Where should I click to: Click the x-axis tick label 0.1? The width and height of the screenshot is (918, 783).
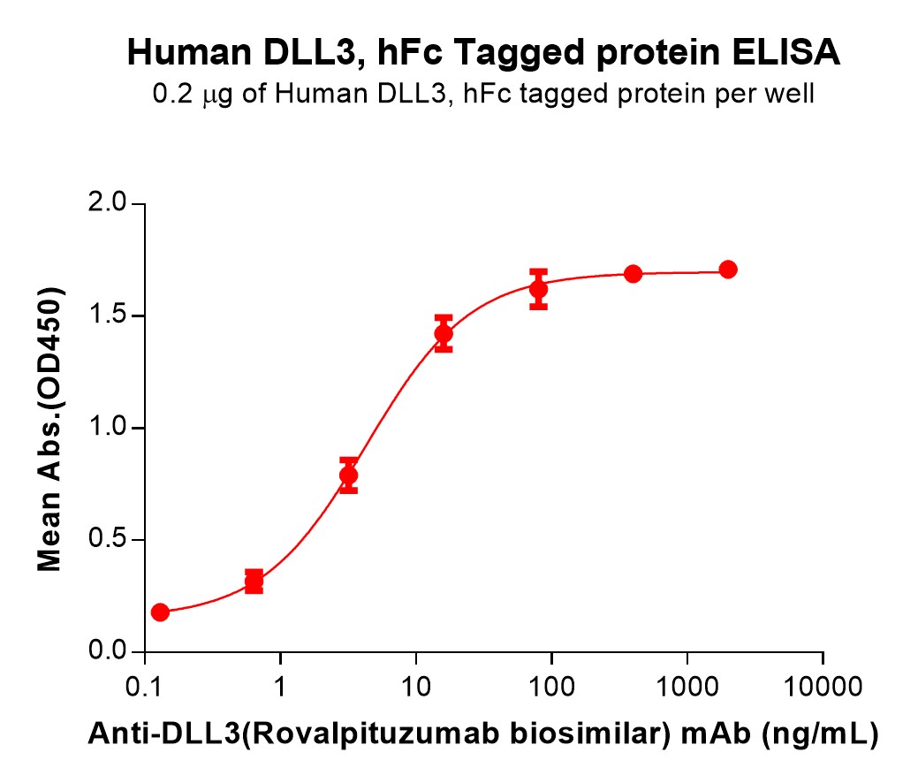click(144, 685)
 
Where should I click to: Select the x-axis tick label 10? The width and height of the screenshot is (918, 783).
click(416, 685)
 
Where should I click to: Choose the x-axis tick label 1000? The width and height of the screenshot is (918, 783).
click(687, 685)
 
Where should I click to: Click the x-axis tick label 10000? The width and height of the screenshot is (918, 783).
click(823, 685)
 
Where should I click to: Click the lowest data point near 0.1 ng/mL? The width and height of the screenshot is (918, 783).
click(160, 612)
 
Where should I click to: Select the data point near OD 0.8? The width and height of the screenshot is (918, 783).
click(348, 475)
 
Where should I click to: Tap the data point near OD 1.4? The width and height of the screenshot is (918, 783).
click(444, 334)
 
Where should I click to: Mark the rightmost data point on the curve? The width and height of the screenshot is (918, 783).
click(728, 270)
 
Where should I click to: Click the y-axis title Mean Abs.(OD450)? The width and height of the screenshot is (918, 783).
click(50, 429)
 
